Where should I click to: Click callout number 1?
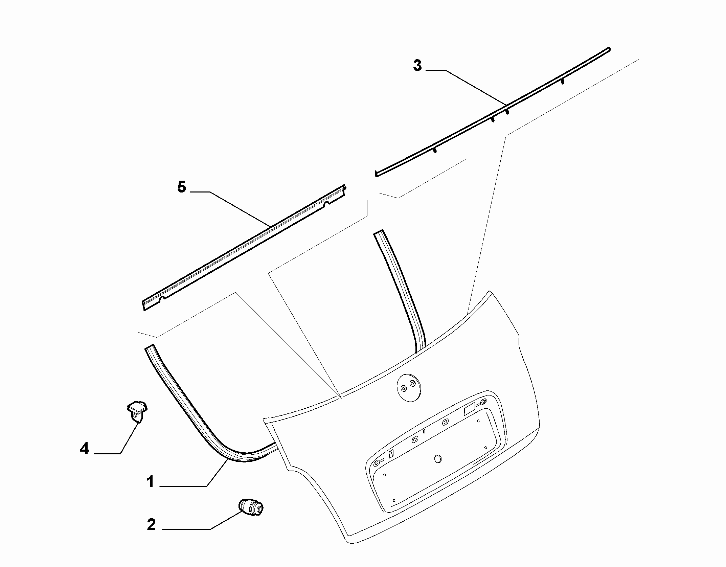(150, 482)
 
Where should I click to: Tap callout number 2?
(151, 525)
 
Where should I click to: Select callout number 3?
(417, 65)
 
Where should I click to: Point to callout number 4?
(84, 449)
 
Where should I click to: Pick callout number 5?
(182, 187)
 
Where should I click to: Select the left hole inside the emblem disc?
(404, 389)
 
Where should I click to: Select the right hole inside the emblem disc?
(412, 383)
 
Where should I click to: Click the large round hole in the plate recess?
(438, 459)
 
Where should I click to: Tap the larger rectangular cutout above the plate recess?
(469, 410)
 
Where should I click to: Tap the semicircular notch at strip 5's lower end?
(163, 298)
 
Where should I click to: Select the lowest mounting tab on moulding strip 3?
(435, 150)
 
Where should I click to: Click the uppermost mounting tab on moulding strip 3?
(562, 81)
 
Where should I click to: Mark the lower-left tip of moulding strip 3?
(376, 175)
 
